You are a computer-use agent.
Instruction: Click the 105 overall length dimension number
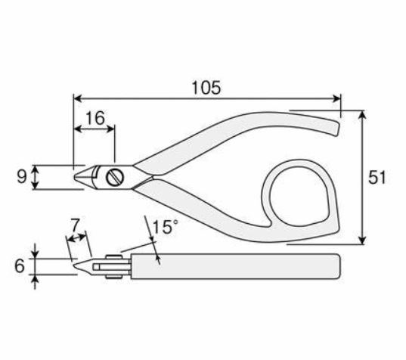pyautogui.click(x=206, y=88)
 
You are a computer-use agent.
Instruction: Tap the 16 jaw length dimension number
pyautogui.click(x=95, y=118)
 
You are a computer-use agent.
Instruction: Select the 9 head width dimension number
pyautogui.click(x=22, y=177)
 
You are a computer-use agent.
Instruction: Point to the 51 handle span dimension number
pyautogui.click(x=377, y=178)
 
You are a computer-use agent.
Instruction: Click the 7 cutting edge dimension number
pyautogui.click(x=75, y=225)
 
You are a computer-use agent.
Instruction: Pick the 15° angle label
pyautogui.click(x=166, y=227)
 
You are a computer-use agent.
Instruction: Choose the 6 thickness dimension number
pyautogui.click(x=20, y=266)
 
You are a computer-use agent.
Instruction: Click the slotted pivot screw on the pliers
pyautogui.click(x=115, y=177)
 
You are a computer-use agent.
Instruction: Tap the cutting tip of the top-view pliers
pyautogui.click(x=75, y=177)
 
